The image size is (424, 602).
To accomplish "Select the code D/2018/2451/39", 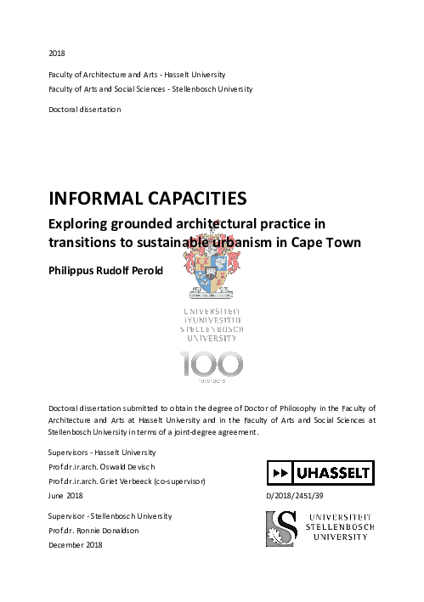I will (295, 493).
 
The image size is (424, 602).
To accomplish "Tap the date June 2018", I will (67, 494).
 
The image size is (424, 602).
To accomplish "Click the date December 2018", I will (76, 544).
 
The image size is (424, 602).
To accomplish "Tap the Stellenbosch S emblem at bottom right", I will (281, 527).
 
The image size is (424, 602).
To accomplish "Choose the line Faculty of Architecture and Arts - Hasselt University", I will (136, 75).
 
